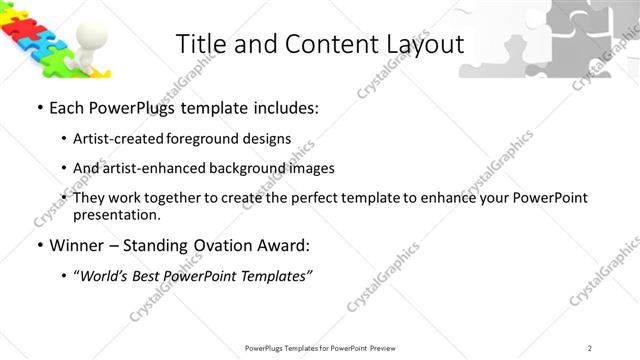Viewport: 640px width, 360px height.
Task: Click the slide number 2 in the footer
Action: [591, 347]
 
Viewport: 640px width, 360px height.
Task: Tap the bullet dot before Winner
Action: [39, 246]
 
